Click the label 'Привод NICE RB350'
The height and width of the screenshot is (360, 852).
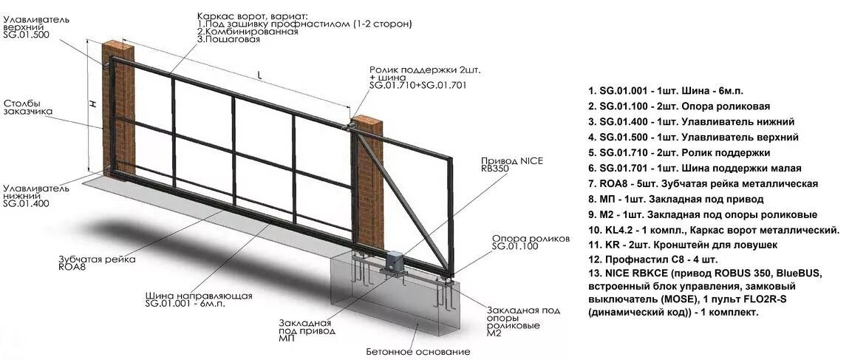click(506, 164)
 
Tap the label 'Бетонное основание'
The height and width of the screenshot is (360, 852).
click(418, 350)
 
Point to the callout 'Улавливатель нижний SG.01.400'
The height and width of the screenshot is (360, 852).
click(35, 195)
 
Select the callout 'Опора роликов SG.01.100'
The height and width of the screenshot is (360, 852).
click(531, 242)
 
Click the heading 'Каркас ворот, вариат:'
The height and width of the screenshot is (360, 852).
click(252, 15)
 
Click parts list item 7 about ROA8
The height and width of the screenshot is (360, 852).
click(704, 183)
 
